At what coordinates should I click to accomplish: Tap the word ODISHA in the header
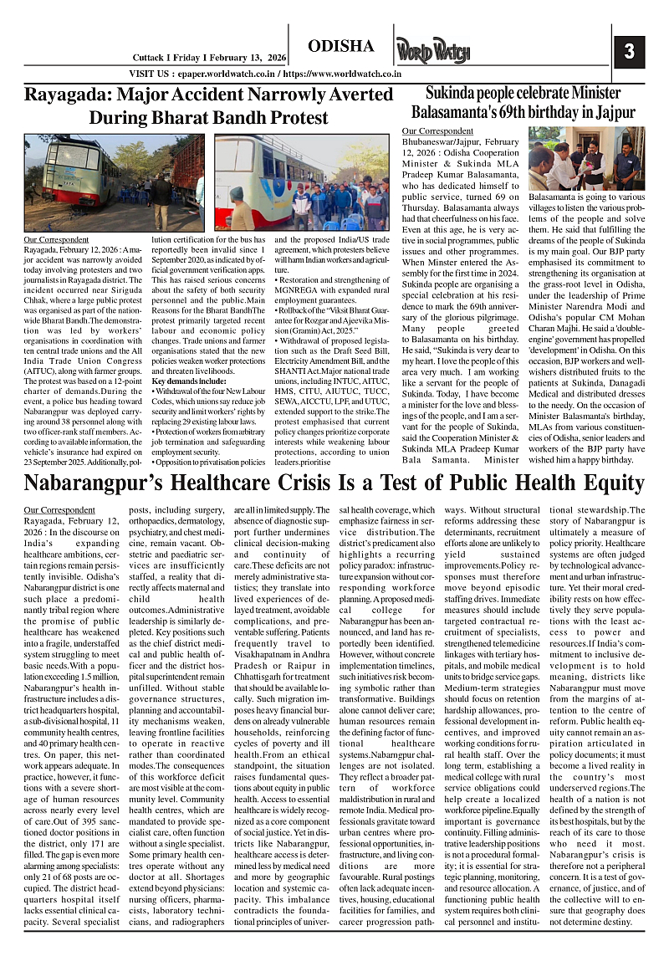(340, 45)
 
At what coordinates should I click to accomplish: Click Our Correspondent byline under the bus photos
(58, 240)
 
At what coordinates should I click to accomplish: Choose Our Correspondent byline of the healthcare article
(59, 509)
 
